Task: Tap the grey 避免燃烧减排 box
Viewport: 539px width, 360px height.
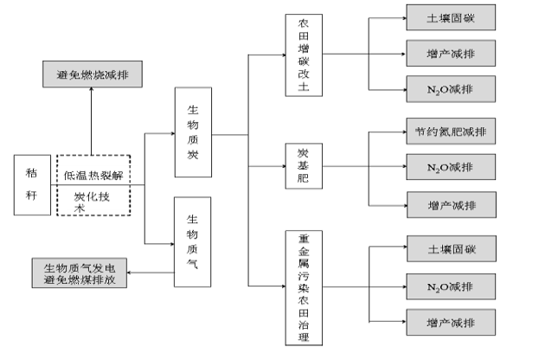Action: (93, 74)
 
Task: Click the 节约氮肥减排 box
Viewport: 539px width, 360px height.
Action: (450, 133)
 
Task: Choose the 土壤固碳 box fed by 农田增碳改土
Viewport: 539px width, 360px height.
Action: (450, 17)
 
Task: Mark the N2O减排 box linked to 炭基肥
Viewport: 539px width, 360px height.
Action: (450, 167)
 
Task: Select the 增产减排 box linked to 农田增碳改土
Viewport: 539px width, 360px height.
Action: (450, 55)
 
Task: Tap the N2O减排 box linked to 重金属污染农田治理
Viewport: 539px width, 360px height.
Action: (450, 286)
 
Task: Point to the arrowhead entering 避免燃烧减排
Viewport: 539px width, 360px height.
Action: (93, 89)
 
